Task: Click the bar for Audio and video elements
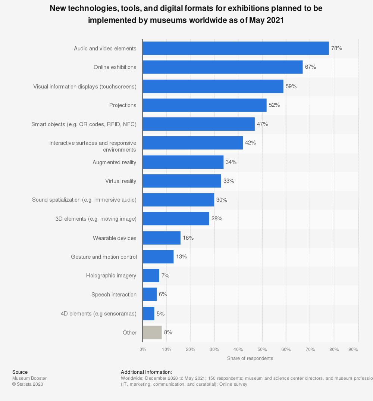[235, 48]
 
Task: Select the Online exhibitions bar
[222, 67]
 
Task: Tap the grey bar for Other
[152, 332]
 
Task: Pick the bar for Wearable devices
[161, 238]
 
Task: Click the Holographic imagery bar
[151, 276]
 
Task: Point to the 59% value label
[291, 86]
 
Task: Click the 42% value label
[250, 143]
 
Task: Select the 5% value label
[160, 314]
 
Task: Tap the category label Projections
[123, 105]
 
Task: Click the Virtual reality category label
[120, 181]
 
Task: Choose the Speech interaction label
[114, 295]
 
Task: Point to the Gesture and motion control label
[104, 257]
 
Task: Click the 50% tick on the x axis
[262, 349]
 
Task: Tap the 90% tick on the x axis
[353, 349]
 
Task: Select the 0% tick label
[143, 349]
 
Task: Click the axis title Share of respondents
[250, 358]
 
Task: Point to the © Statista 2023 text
[28, 384]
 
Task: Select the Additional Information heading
[146, 372]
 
